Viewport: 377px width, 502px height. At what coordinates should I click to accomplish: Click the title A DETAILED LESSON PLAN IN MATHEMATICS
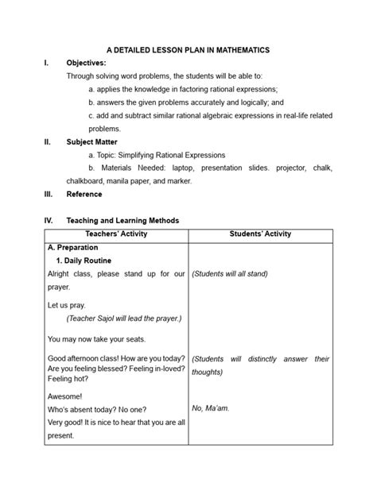188,49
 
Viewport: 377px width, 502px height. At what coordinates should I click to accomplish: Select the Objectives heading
86,63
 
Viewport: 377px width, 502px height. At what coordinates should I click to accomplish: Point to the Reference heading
84,194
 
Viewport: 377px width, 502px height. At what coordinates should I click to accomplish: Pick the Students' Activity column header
260,234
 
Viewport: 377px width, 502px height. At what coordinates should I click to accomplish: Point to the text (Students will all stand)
230,274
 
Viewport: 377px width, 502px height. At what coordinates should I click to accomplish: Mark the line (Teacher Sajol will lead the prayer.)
124,319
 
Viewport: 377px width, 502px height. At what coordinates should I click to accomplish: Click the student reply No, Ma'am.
211,408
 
